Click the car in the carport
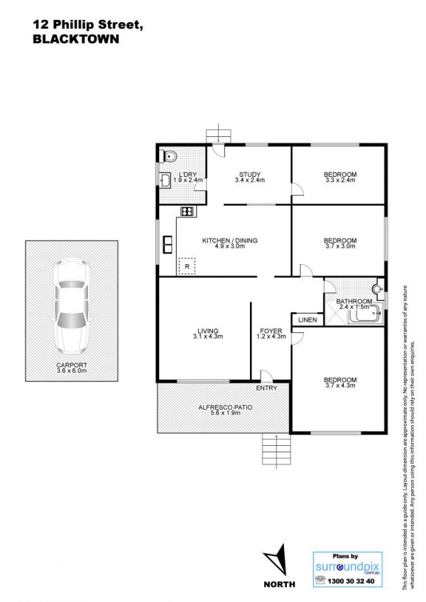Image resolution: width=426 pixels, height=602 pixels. (72, 307)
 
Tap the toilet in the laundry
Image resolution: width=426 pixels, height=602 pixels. (168, 156)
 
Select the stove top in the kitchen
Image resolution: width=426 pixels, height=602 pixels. (187, 211)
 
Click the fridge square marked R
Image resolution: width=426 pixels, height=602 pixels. (187, 266)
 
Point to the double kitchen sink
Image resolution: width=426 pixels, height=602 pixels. (168, 244)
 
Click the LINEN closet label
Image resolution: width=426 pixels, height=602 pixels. (307, 319)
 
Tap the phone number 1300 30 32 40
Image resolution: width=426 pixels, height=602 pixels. (350, 581)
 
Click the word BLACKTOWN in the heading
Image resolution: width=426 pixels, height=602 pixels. (76, 39)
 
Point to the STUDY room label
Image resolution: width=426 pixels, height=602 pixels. (250, 175)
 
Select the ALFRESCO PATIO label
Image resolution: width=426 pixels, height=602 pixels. (225, 407)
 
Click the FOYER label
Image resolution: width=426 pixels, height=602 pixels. (271, 331)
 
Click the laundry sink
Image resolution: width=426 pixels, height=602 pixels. (165, 180)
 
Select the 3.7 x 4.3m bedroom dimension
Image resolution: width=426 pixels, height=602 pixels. (340, 385)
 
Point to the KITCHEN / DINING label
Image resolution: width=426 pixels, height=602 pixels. (230, 241)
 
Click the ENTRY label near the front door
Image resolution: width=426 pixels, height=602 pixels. (266, 388)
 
